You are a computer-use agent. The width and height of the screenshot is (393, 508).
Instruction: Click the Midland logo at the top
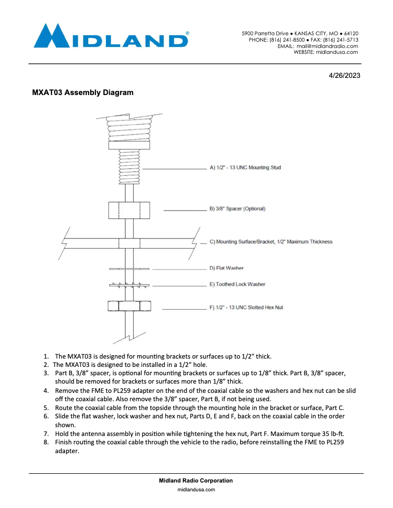pyautogui.click(x=111, y=36)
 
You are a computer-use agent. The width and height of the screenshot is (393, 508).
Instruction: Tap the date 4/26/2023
pyautogui.click(x=344, y=76)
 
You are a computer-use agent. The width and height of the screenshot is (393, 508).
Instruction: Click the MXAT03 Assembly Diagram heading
pyautogui.click(x=83, y=93)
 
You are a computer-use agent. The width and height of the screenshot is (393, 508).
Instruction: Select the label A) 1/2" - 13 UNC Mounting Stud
pyautogui.click(x=245, y=168)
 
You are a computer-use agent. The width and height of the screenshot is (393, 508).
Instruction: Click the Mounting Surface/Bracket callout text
pyautogui.click(x=270, y=242)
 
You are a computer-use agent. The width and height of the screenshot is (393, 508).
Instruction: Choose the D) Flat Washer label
pyautogui.click(x=226, y=268)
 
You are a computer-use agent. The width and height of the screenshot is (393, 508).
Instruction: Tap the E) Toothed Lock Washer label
pyautogui.click(x=237, y=284)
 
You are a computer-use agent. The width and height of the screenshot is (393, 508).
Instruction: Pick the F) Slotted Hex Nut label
pyautogui.click(x=246, y=308)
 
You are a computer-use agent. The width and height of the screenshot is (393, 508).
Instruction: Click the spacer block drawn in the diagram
pyautogui.click(x=129, y=210)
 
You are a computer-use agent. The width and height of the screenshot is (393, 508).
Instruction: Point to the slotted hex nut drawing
pyautogui.click(x=129, y=306)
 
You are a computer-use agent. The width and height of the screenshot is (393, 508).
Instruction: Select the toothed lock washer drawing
pyautogui.click(x=129, y=285)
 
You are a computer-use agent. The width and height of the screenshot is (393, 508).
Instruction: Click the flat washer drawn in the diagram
pyautogui.click(x=129, y=268)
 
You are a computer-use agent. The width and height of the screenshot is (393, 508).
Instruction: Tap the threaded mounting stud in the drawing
pyautogui.click(x=129, y=167)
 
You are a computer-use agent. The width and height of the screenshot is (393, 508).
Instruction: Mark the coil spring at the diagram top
pyautogui.click(x=129, y=129)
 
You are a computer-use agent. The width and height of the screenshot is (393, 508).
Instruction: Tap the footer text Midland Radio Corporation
pyautogui.click(x=196, y=481)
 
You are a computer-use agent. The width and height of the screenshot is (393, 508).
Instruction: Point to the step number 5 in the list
pyautogui.click(x=46, y=407)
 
